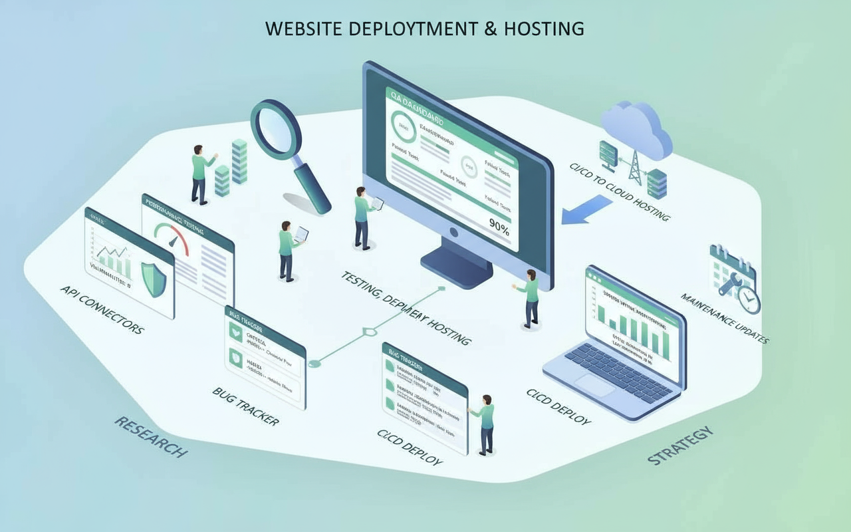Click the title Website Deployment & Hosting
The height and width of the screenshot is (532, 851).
click(424, 29)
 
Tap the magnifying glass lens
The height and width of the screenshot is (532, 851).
click(276, 126)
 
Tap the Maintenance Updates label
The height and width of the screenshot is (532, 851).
click(725, 319)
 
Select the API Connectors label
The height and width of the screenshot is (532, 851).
click(101, 309)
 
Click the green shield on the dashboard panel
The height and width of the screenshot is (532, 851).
click(154, 279)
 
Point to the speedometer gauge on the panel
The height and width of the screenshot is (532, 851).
click(172, 236)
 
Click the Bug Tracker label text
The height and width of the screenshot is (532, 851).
click(245, 406)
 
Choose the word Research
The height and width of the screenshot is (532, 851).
click(150, 436)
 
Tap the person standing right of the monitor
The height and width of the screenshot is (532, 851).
click(531, 299)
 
